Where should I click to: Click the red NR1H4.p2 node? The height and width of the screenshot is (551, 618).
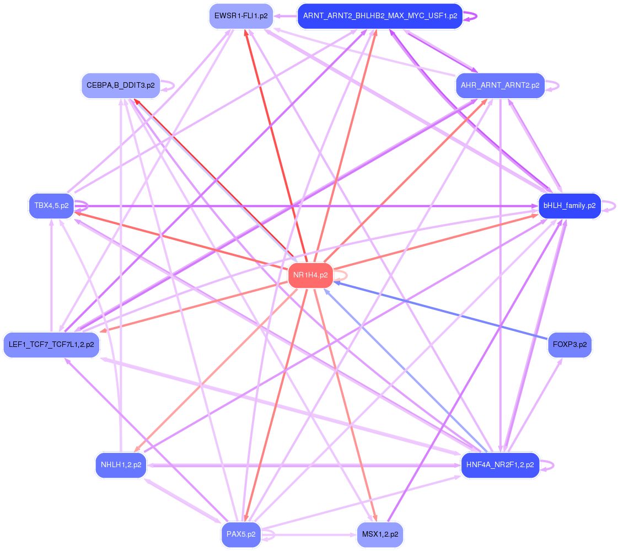pyautogui.click(x=310, y=275)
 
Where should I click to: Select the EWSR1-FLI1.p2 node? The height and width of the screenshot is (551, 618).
pyautogui.click(x=241, y=16)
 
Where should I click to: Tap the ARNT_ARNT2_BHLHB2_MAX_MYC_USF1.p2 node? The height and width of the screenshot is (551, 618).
pyautogui.click(x=380, y=16)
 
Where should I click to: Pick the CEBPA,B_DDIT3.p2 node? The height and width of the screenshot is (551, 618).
pyautogui.click(x=120, y=85)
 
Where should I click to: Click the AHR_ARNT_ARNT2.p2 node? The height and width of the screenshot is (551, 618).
pyautogui.click(x=500, y=85)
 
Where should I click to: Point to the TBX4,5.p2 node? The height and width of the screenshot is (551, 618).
pyautogui.click(x=51, y=206)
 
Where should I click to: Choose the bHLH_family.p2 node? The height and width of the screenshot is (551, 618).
pyautogui.click(x=569, y=206)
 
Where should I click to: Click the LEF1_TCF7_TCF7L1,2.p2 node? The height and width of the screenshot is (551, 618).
pyautogui.click(x=51, y=345)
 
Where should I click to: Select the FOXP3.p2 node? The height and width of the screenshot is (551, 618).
pyautogui.click(x=569, y=345)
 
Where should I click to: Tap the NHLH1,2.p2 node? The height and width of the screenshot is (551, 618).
pyautogui.click(x=121, y=465)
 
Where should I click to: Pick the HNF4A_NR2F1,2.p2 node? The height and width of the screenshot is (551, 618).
pyautogui.click(x=500, y=465)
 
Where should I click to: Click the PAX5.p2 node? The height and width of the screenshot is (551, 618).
pyautogui.click(x=241, y=534)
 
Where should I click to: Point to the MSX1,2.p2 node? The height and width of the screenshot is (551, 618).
pyautogui.click(x=380, y=534)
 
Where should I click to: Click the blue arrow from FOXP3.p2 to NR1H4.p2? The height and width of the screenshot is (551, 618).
pyautogui.click(x=441, y=311)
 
